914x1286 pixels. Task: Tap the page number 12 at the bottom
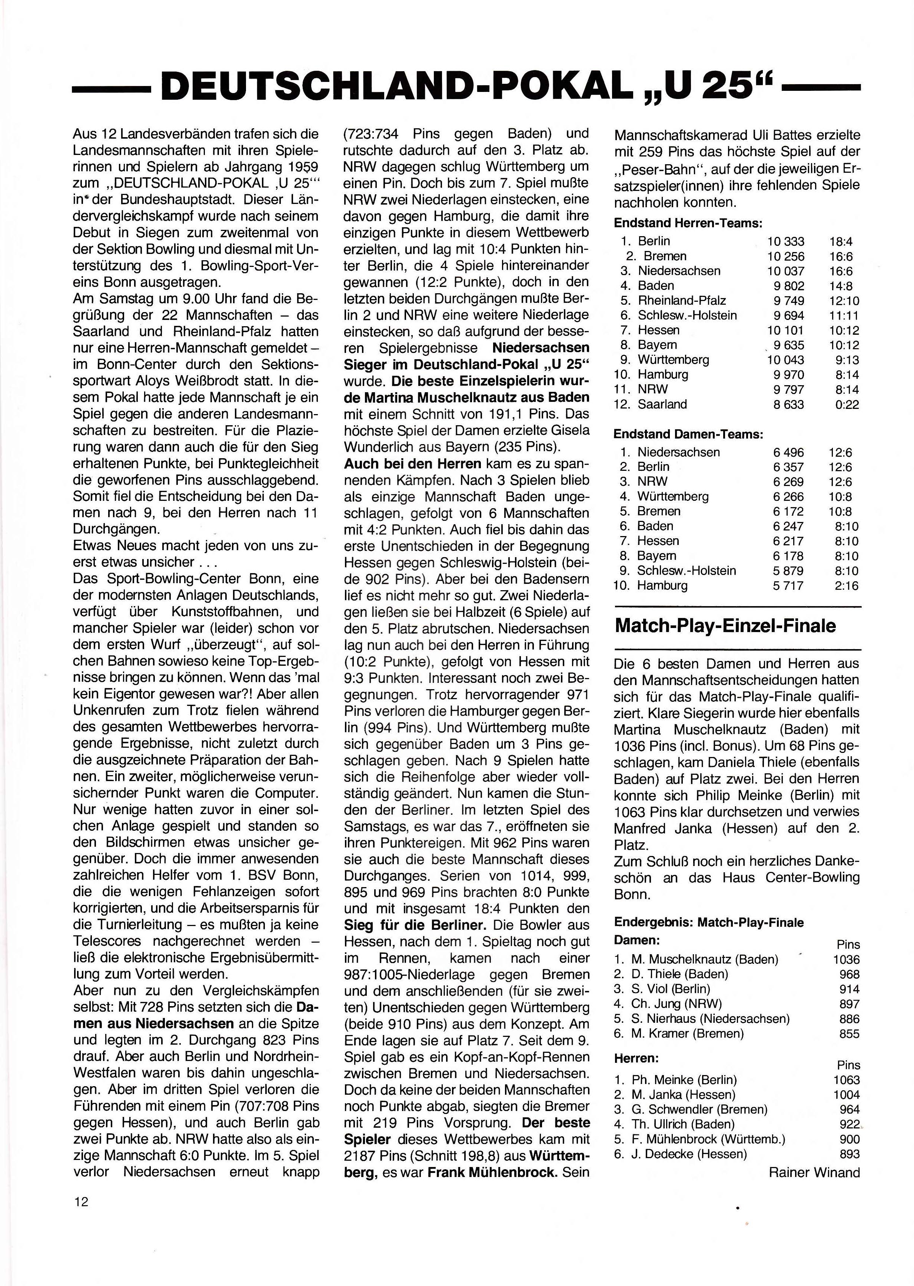click(x=80, y=1201)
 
